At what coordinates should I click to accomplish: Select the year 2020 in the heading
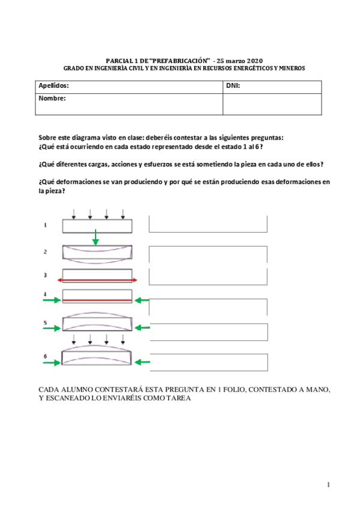[x=255, y=61]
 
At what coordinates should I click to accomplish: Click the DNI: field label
[x=233, y=86]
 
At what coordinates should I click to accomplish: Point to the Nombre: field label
[x=52, y=98]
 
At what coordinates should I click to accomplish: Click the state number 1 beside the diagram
[x=45, y=225]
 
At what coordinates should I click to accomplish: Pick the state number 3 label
[x=45, y=275]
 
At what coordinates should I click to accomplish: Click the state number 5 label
[x=45, y=323]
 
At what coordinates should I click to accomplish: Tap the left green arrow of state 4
[x=53, y=300]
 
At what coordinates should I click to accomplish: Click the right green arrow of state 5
[x=142, y=328]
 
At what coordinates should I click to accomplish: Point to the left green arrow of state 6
[x=53, y=362]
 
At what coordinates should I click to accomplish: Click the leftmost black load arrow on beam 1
[x=73, y=214]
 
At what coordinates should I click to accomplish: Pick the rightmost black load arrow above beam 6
[x=123, y=344]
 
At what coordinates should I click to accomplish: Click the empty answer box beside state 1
[x=208, y=224]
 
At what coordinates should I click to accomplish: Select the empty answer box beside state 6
[x=208, y=362]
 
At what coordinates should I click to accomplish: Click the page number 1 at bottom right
[x=329, y=485]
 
